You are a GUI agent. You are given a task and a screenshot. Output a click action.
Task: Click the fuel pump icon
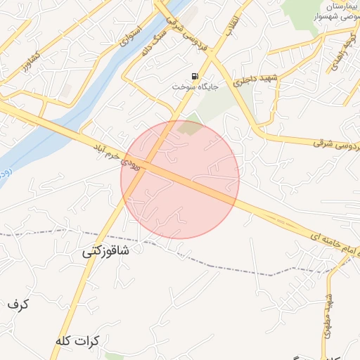194,76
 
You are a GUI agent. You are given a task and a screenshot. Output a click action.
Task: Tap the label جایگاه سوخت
196,86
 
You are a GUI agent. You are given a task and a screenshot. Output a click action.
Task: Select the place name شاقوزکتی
106,251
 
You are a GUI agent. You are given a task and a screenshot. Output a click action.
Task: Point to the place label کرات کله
77,340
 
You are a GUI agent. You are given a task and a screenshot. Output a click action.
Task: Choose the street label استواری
131,36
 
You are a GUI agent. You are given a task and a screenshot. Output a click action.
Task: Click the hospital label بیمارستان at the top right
339,6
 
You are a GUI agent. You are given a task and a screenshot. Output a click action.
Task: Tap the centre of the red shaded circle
180,179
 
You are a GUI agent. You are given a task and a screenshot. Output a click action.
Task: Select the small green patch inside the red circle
188,128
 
